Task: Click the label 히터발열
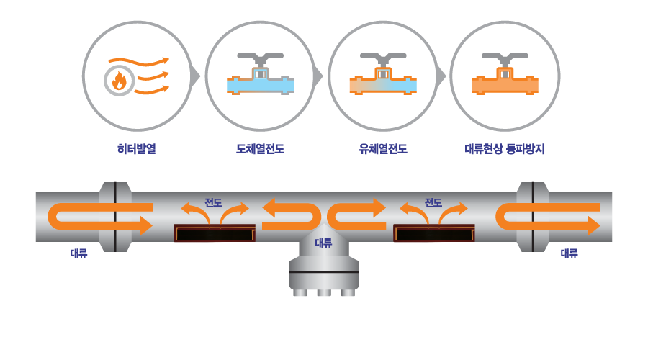click(136, 148)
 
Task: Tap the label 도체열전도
click(260, 148)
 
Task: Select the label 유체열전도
click(383, 148)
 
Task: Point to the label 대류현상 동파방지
click(505, 148)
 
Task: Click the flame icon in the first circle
click(119, 81)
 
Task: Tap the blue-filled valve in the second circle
click(260, 73)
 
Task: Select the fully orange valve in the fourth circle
click(505, 73)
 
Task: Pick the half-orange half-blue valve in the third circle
click(383, 73)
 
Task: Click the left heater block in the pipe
click(215, 233)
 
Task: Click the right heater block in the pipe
click(434, 233)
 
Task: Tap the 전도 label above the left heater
click(213, 202)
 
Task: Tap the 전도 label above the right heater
click(433, 202)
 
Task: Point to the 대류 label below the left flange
click(78, 253)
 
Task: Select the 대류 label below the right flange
click(569, 253)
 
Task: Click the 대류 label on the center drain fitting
click(323, 243)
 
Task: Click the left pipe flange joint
click(115, 217)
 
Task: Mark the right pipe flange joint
click(533, 217)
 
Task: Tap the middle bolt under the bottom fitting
click(324, 292)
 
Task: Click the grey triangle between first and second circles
click(195, 76)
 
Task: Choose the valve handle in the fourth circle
click(505, 59)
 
